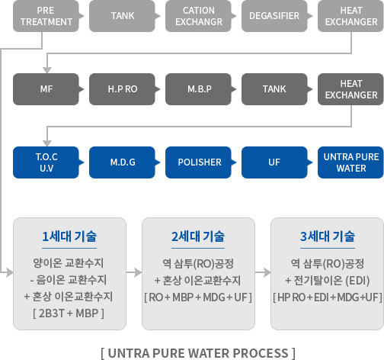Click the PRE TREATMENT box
[46, 16]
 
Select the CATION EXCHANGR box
[198, 16]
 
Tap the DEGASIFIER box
[274, 16]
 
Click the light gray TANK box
[122, 16]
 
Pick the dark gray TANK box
[274, 89]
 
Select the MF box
[46, 89]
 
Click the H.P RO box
[122, 89]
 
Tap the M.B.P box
[198, 89]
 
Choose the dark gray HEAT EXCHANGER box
[350, 89]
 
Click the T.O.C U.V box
[46, 162]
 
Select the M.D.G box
[122, 162]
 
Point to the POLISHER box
[198, 162]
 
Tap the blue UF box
[274, 162]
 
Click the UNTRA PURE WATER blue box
[350, 162]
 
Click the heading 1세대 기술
[69, 236]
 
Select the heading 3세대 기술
[328, 236]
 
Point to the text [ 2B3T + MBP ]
[69, 313]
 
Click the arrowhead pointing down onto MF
[47, 70]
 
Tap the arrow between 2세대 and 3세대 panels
[263, 272]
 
